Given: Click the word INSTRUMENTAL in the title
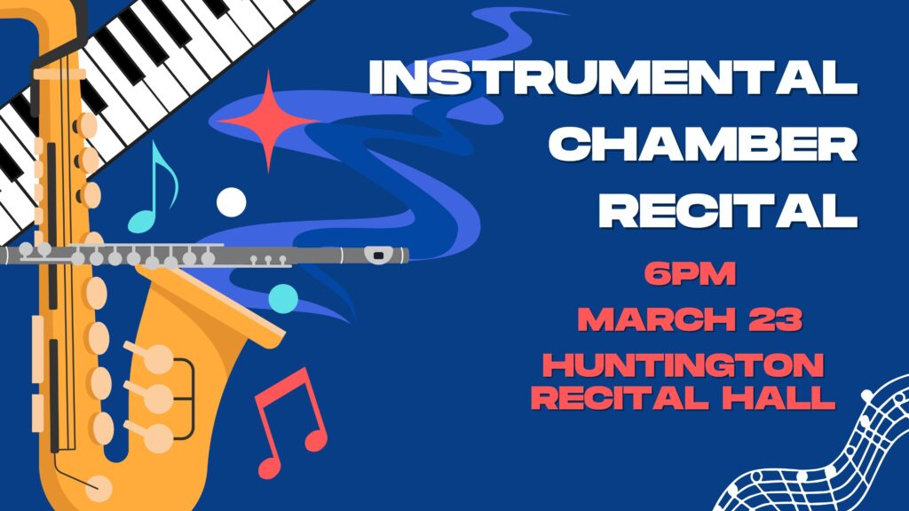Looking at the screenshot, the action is (x=613, y=77).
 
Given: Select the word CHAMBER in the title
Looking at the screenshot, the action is (x=703, y=144).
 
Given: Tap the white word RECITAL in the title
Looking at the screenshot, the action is (x=728, y=209).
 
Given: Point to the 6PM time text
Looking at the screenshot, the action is (x=690, y=273).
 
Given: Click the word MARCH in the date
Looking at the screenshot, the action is (x=657, y=319).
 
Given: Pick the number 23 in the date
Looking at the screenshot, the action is (x=776, y=319).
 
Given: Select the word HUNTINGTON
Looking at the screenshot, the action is (x=684, y=365).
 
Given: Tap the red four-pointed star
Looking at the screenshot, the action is (x=268, y=121).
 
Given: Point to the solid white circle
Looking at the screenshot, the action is (x=232, y=202).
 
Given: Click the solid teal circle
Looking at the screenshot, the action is (x=283, y=299).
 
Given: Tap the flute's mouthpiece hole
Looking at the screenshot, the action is (x=378, y=255).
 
